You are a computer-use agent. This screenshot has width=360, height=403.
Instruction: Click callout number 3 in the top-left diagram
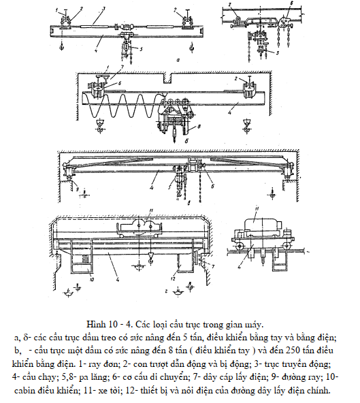(104, 8)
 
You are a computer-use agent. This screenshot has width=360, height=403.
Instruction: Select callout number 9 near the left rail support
(77, 189)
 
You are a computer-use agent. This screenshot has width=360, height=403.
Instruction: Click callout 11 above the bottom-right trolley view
(256, 208)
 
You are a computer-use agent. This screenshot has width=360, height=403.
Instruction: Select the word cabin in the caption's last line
(24, 391)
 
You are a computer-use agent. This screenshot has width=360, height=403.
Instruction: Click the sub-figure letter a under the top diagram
(178, 61)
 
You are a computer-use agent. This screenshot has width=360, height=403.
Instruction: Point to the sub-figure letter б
(187, 141)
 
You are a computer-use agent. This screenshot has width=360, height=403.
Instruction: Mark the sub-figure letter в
(189, 203)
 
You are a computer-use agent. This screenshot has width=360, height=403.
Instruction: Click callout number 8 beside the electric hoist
(199, 126)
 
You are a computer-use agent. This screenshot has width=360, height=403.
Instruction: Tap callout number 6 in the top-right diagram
(292, 3)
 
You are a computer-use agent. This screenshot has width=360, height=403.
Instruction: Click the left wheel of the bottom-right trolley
(240, 247)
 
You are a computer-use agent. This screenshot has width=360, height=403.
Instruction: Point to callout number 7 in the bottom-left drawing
(213, 267)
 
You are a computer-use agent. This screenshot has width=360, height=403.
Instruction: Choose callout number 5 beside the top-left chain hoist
(141, 48)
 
